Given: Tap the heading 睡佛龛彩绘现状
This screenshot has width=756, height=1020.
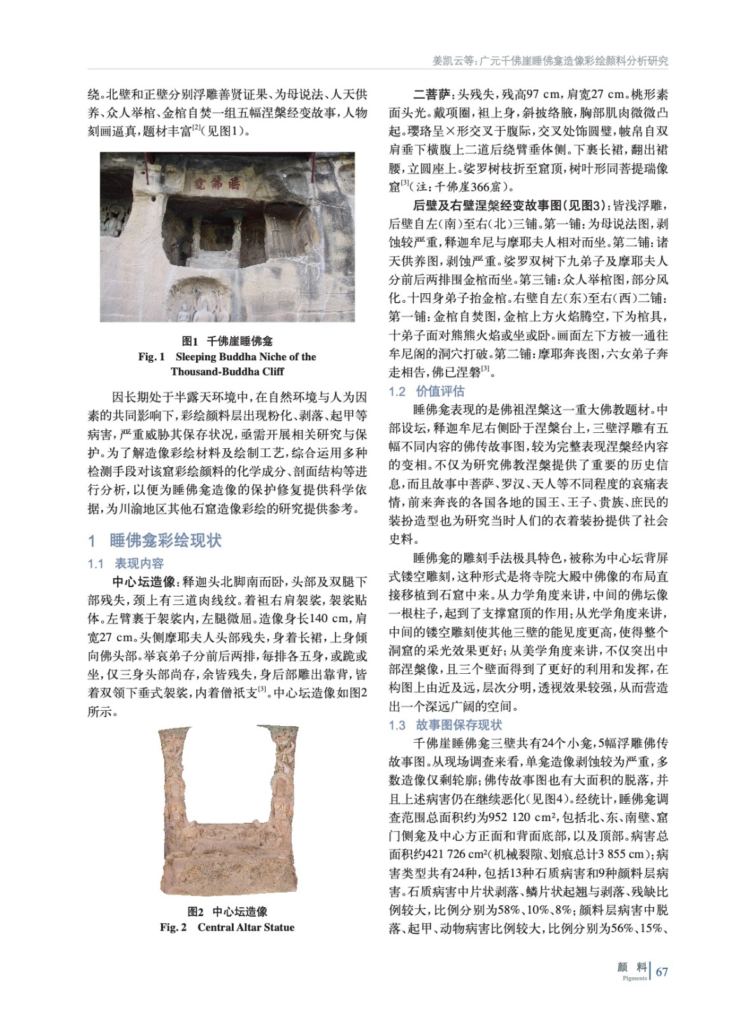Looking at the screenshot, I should [x=165, y=541].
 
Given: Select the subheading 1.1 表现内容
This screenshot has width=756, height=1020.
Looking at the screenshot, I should [x=125, y=564].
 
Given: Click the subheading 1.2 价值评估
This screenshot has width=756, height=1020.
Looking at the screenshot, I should [x=427, y=391].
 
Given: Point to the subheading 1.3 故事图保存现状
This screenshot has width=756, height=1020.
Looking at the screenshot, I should [x=445, y=725].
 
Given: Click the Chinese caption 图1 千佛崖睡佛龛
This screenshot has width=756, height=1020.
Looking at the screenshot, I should [x=227, y=342].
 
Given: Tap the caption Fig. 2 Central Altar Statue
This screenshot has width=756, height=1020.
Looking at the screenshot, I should [x=227, y=927].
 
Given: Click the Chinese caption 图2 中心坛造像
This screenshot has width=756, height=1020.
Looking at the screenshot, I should [x=227, y=912].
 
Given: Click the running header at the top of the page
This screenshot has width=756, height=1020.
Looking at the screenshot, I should [x=550, y=61].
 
